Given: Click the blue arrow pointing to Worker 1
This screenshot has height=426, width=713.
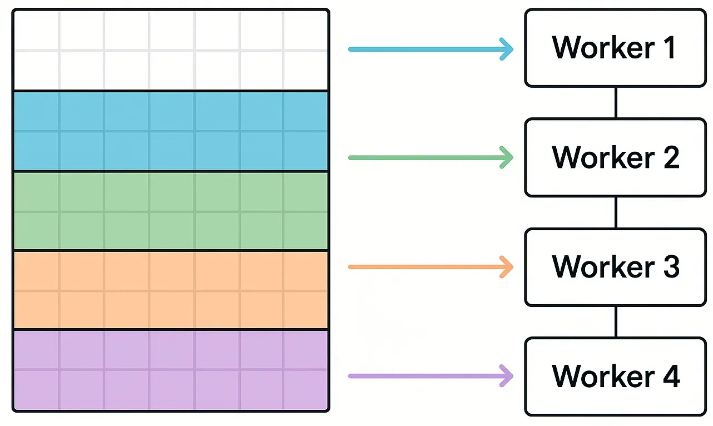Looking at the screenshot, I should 423,49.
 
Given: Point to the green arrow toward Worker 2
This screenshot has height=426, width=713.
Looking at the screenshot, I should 423,157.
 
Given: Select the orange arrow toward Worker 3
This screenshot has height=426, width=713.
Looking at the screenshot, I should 423,267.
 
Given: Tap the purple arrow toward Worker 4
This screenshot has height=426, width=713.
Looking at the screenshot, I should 423,376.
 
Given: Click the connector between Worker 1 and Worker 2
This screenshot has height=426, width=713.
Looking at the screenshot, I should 615,102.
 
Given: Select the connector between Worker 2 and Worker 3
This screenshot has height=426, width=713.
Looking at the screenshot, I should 615,212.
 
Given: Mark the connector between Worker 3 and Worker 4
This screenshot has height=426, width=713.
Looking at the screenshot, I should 615,321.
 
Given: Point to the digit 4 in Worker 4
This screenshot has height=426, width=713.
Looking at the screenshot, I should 669,376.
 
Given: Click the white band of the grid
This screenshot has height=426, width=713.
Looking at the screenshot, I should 171,50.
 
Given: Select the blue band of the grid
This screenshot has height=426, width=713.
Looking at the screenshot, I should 171,131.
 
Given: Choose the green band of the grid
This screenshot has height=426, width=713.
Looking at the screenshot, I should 171,211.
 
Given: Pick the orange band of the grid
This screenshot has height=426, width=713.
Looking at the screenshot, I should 171,290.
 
